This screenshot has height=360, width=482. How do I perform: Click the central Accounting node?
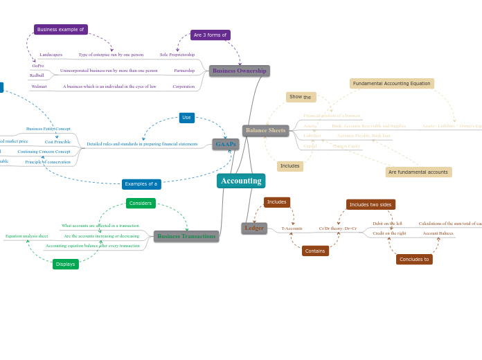(241, 181)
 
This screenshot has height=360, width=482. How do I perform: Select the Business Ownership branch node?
(239, 71)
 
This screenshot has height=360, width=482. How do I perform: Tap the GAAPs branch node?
(226, 144)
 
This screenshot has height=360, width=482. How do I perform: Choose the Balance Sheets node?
(265, 130)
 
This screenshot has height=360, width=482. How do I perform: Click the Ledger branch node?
(254, 228)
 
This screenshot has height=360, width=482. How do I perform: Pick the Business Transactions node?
(186, 236)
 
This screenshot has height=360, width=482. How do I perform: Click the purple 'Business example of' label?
(60, 30)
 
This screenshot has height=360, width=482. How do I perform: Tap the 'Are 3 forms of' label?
(210, 35)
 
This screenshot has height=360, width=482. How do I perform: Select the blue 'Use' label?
(186, 118)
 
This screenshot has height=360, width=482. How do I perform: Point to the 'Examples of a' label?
(141, 184)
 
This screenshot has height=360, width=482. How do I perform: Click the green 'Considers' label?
(141, 204)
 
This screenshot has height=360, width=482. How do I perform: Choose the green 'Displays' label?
(66, 264)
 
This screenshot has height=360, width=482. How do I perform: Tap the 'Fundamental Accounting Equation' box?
(391, 84)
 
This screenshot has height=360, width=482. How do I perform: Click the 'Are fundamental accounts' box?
(418, 172)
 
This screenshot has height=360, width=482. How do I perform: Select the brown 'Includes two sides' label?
(371, 204)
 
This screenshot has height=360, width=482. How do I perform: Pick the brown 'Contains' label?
(315, 251)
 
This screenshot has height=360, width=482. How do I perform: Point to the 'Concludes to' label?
(414, 259)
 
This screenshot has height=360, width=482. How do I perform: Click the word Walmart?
(39, 87)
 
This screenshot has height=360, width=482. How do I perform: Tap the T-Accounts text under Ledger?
(292, 228)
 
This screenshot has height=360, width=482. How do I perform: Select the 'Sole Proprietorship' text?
(177, 55)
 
